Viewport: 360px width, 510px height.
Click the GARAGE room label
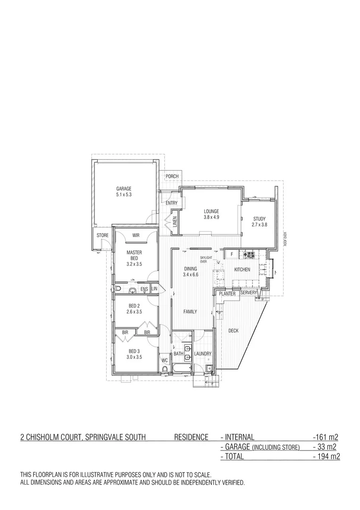click(x=124, y=188)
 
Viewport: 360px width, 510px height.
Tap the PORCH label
click(x=172, y=177)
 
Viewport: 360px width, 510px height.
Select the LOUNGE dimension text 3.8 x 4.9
click(x=211, y=217)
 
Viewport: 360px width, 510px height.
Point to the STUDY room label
click(x=259, y=219)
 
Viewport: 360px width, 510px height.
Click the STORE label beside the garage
click(x=102, y=235)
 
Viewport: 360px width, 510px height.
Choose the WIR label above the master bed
click(x=135, y=235)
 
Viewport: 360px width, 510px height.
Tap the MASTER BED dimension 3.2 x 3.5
click(x=134, y=264)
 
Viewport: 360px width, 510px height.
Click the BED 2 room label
click(x=134, y=306)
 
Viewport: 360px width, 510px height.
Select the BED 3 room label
click(x=134, y=351)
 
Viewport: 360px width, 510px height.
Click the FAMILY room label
click(x=190, y=312)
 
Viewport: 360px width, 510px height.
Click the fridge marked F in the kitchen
click(x=232, y=255)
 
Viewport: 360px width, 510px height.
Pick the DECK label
click(x=233, y=331)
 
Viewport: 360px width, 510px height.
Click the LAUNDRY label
click(x=202, y=354)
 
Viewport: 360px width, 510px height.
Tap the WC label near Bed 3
click(x=165, y=360)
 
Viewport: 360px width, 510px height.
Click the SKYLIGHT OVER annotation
click(x=207, y=259)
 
